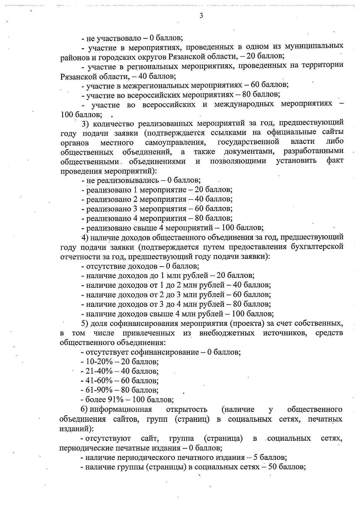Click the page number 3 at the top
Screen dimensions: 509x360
(201, 16)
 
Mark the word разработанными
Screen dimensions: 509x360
(313, 151)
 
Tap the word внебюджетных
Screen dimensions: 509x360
(227, 333)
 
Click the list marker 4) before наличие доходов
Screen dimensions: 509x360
(84, 238)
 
